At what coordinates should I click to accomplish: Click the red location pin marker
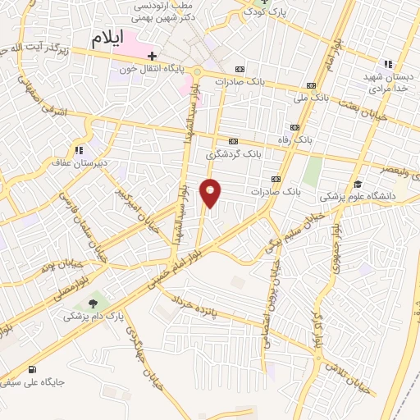coord(211,193)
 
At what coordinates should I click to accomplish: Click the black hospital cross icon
coord(152,56)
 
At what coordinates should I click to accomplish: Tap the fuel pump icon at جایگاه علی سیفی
coord(32,369)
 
